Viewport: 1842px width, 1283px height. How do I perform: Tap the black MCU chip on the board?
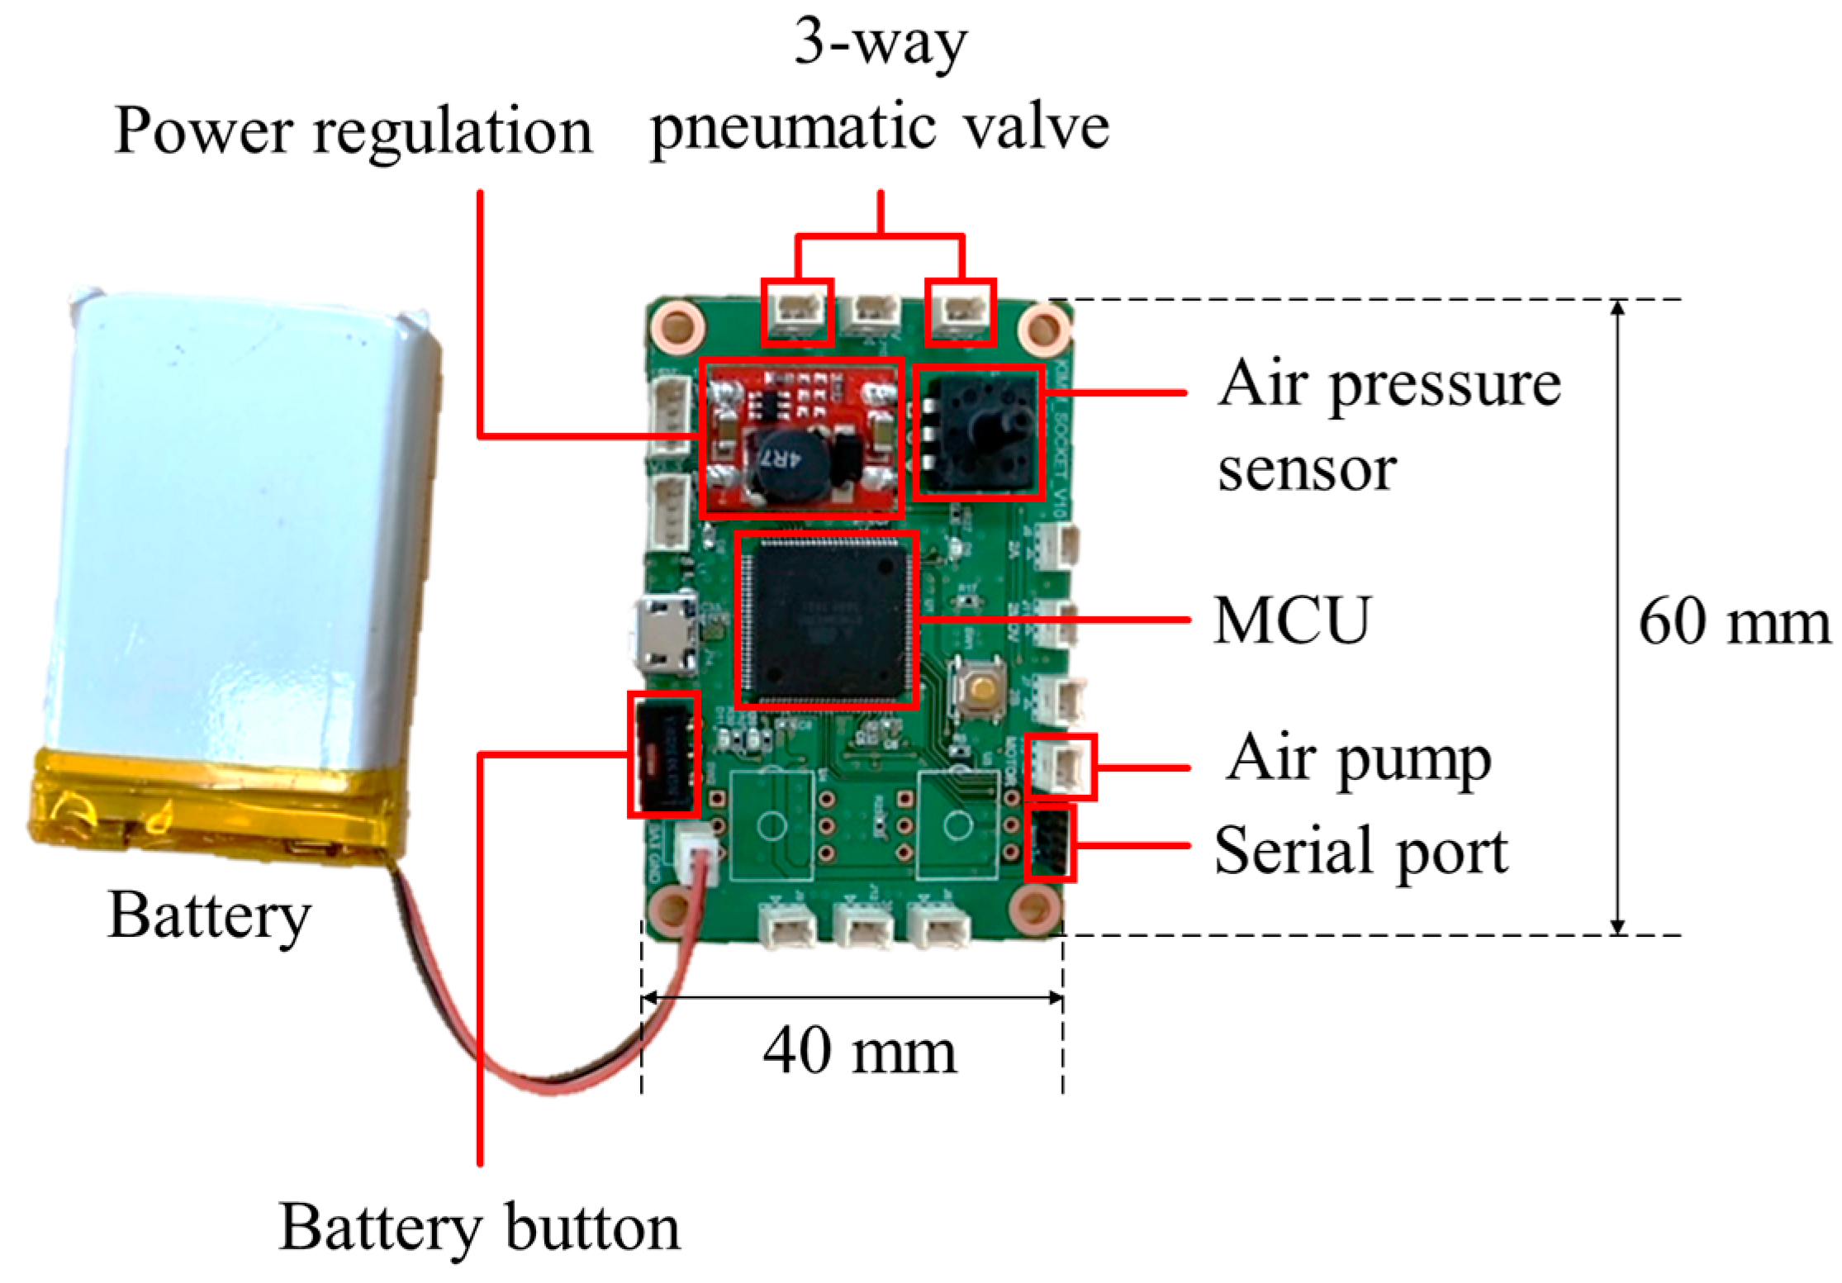click(826, 620)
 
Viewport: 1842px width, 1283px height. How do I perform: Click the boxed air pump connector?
click(1061, 767)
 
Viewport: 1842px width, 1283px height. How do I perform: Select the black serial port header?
click(1049, 843)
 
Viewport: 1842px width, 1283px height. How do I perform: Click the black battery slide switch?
click(663, 754)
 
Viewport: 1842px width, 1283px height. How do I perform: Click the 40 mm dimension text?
click(859, 1051)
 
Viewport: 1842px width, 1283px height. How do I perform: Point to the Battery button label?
click(479, 1228)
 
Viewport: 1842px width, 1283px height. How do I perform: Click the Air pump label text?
click(1358, 758)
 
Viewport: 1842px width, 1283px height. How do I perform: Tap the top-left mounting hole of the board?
click(677, 326)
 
